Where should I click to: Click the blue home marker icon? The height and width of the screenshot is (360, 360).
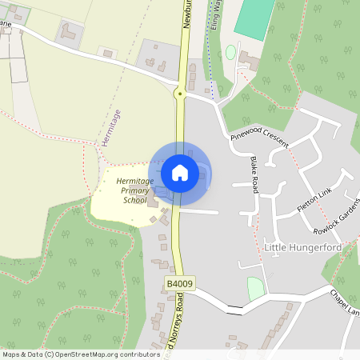[180, 172]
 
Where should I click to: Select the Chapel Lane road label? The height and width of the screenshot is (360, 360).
[344, 302]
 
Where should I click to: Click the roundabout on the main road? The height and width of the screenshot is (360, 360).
[181, 94]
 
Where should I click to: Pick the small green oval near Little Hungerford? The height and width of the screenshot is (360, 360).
[255, 288]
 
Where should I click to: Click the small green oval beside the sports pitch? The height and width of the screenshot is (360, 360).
[230, 52]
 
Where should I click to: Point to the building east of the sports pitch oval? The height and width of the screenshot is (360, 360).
[248, 59]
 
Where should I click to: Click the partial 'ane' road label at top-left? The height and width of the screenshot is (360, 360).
[6, 25]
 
